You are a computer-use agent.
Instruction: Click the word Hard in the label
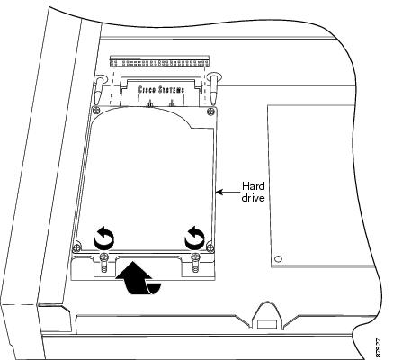point(254,186)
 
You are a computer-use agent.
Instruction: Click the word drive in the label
point(253,198)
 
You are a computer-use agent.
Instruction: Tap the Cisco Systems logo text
point(161,89)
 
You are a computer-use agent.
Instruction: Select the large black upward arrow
point(138,277)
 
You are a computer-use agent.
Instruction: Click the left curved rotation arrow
point(103,238)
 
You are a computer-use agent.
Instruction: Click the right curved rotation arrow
point(194,238)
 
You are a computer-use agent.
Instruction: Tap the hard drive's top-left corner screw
point(95,110)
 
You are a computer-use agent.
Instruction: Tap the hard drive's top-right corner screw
point(210,112)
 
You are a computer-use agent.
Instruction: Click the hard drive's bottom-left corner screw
point(76,248)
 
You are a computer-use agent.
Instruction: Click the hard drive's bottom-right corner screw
point(210,247)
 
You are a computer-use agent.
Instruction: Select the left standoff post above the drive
point(99,89)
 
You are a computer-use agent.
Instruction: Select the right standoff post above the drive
point(214,88)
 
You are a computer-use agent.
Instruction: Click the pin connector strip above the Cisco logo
point(159,61)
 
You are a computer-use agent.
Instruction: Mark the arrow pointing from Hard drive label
point(228,192)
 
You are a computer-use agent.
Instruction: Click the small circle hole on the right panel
point(278,258)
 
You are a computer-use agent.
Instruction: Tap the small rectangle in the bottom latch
point(267,324)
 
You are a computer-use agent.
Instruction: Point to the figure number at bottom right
point(379,347)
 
